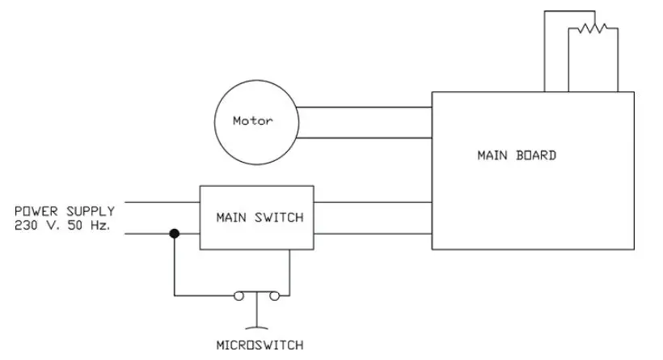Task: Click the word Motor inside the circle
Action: point(252,122)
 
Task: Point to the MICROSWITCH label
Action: point(260,345)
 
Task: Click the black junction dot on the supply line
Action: point(173,234)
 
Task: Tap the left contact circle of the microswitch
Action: point(240,296)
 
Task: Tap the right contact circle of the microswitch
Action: point(275,296)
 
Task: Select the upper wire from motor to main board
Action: point(364,107)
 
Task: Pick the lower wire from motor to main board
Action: point(364,137)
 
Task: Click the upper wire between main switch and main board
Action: point(372,203)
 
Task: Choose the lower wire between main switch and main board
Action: point(372,234)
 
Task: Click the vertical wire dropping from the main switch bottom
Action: point(289,271)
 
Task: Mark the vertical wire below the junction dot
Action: point(173,267)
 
